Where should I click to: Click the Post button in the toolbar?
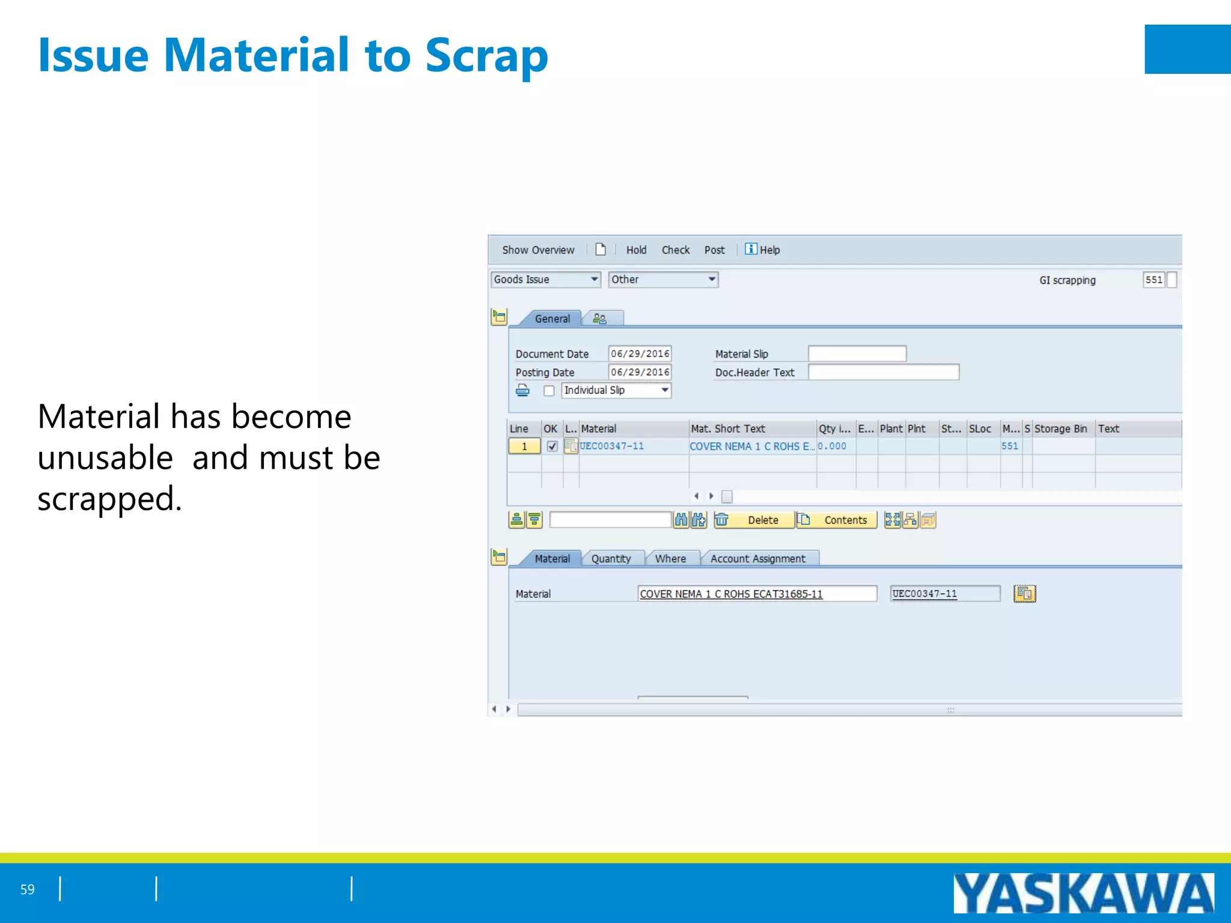click(x=714, y=250)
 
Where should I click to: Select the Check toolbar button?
click(x=676, y=250)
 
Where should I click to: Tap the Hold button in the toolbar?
click(x=636, y=250)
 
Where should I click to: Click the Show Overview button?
click(x=538, y=250)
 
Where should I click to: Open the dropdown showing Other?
click(x=663, y=279)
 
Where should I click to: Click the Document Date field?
click(x=640, y=353)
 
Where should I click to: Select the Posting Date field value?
click(x=640, y=372)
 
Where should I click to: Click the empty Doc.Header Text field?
click(x=883, y=372)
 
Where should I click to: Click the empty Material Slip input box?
click(x=857, y=353)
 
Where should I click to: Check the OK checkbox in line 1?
click(x=552, y=446)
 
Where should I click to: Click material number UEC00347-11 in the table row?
click(x=612, y=446)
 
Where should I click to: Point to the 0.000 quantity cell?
click(x=832, y=446)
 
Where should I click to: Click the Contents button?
click(x=837, y=520)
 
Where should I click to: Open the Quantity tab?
click(x=611, y=558)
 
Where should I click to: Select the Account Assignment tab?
click(x=757, y=558)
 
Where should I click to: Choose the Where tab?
click(x=670, y=558)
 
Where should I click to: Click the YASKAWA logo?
click(x=1083, y=893)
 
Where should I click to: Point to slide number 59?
click(x=28, y=889)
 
